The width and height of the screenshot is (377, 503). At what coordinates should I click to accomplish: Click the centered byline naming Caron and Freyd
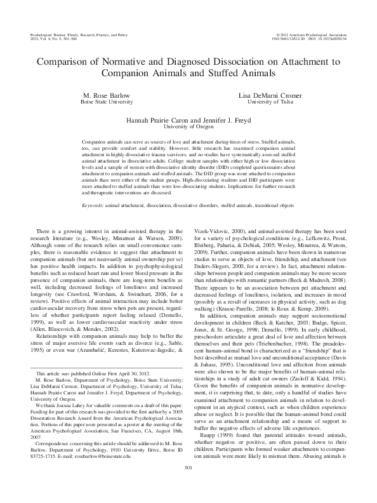click(189, 119)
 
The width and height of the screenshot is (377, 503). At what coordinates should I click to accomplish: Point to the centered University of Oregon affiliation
click(189, 125)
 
